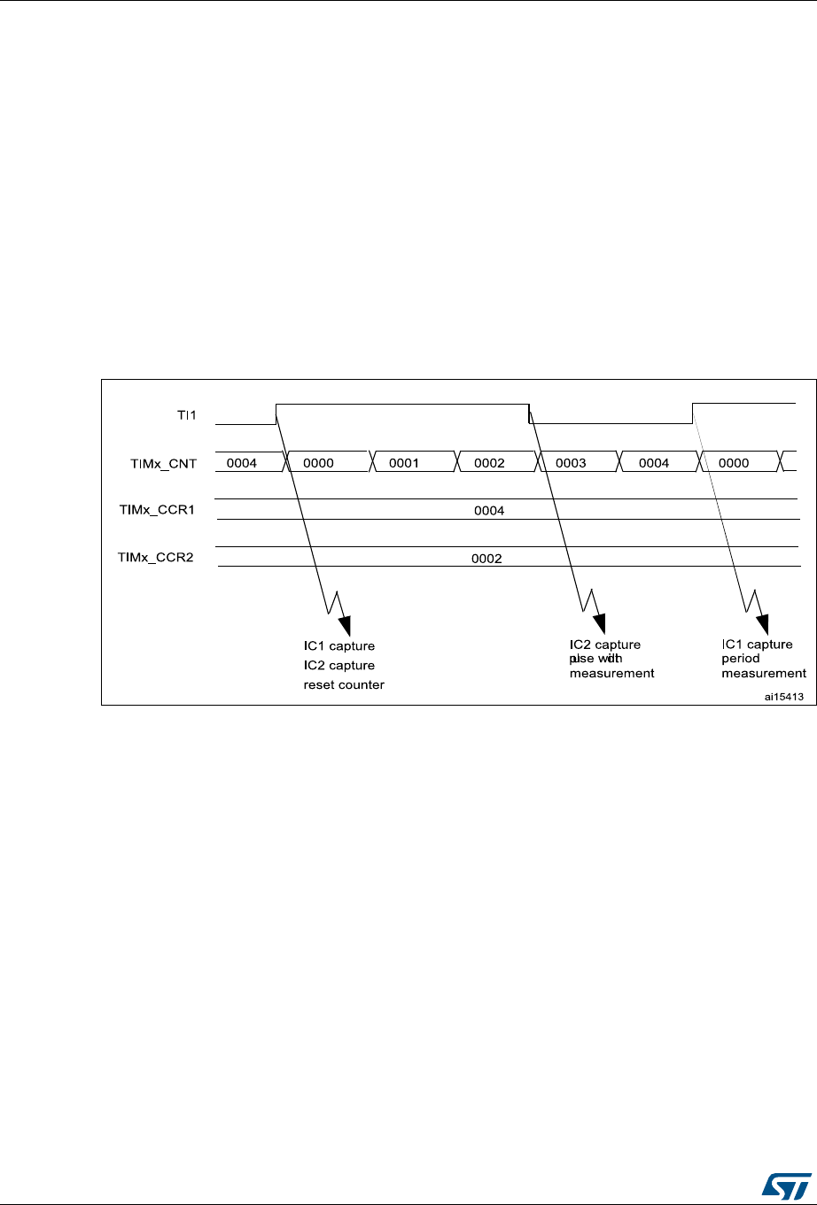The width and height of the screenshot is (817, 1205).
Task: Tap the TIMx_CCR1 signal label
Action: [x=157, y=510]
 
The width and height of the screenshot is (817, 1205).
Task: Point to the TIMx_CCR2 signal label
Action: [x=157, y=558]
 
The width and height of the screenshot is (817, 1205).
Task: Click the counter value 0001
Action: [x=403, y=463]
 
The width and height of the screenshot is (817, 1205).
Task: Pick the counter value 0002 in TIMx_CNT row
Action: [x=489, y=463]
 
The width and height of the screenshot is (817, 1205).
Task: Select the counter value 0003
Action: [x=571, y=463]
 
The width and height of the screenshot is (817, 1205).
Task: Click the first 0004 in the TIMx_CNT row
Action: [x=242, y=463]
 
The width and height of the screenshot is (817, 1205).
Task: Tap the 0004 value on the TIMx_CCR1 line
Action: [x=490, y=511]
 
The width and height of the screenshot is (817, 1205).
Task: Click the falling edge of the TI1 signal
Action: [x=529, y=413]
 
